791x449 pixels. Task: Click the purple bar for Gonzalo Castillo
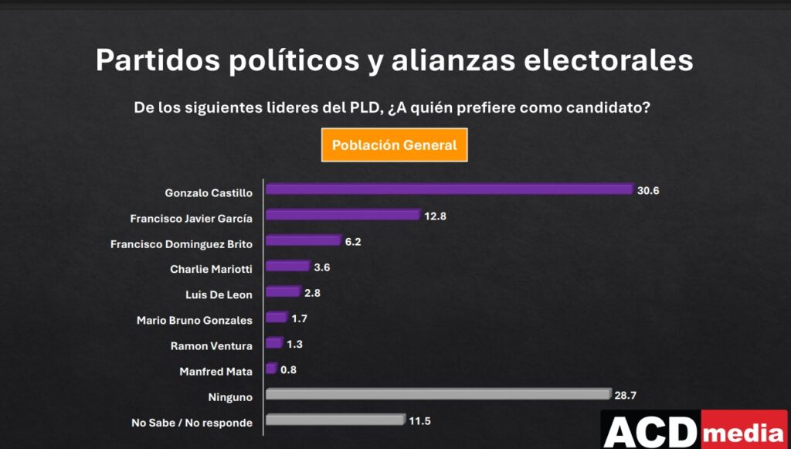tap(449, 189)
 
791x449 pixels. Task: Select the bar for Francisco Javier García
tap(342, 215)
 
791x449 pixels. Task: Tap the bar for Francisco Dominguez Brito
tap(303, 240)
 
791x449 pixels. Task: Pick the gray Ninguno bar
tap(438, 394)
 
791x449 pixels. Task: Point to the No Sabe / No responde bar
tap(334, 420)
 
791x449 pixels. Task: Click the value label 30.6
tap(648, 190)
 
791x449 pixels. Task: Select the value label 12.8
tap(435, 216)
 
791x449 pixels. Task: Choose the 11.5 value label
tap(419, 421)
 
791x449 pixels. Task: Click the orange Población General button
tap(394, 145)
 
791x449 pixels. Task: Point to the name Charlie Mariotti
tap(211, 270)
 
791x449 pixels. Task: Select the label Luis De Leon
tap(219, 295)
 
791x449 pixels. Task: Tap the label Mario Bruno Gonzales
tap(194, 321)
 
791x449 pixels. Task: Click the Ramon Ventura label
tap(211, 346)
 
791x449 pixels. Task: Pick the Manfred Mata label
tap(216, 372)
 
